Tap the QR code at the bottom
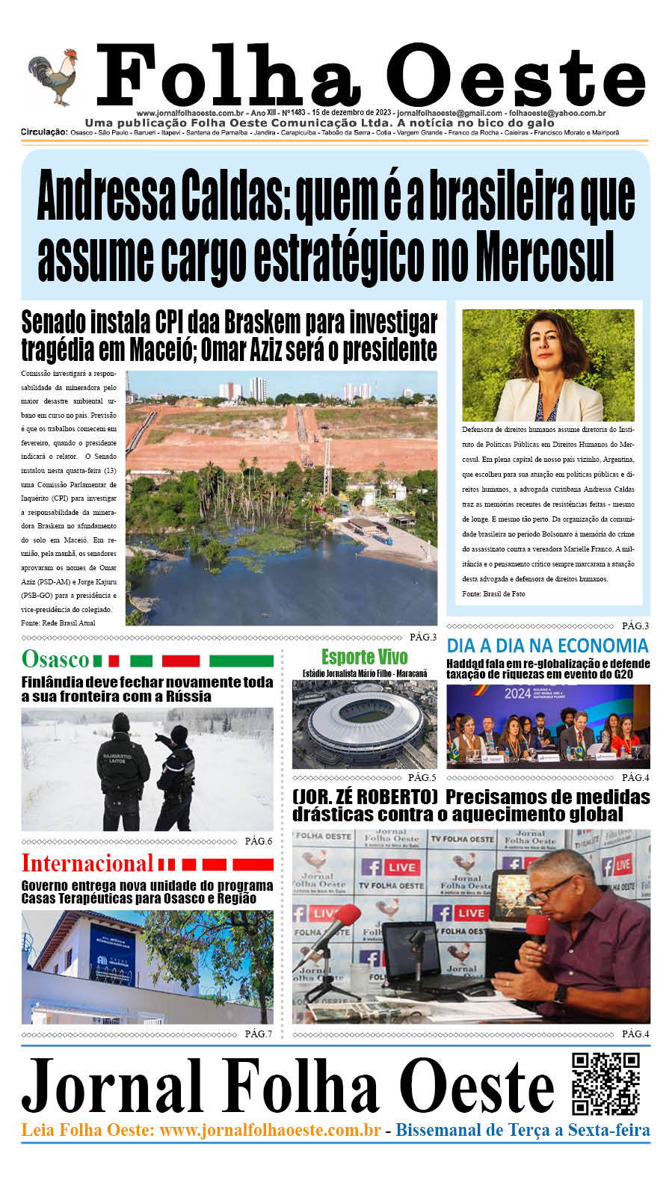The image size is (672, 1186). pos(605,1084)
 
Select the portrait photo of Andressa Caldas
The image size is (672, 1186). pos(548,365)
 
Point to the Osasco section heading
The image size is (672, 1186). pos(55,659)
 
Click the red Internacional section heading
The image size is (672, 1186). pos(87,863)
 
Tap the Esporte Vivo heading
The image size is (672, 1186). pos(365,657)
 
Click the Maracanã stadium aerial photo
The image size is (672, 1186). pos(364,723)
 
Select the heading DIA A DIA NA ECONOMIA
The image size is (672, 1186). pos(547,646)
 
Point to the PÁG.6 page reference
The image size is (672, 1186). pos(259,841)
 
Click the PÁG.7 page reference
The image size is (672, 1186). pos(259,1034)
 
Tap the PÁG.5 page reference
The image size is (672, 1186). pos(422,778)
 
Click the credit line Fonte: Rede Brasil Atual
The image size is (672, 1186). pos(58,622)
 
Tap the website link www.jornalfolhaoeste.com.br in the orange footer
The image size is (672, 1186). pos(270,1130)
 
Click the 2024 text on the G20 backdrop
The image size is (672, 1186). pos(517,693)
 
